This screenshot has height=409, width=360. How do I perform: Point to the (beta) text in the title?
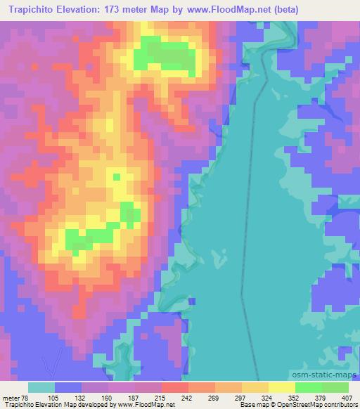(x=281, y=10)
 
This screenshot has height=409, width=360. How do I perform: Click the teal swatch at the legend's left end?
(x=41, y=387)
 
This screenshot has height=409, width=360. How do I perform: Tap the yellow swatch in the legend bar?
(x=282, y=387)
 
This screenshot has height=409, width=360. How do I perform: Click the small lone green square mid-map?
(x=117, y=176)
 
